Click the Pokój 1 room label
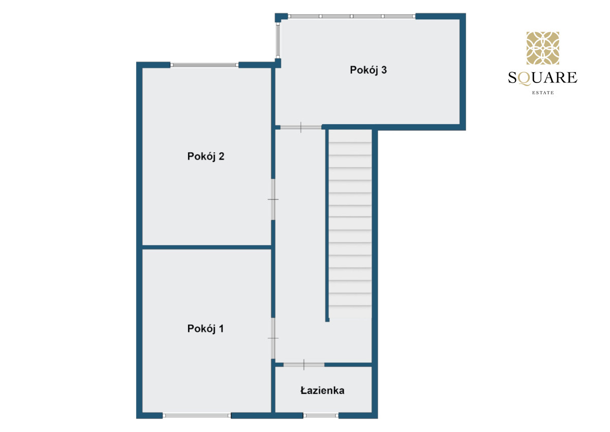(205, 329)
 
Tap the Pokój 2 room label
(206, 156)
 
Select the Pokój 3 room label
(368, 70)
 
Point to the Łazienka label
(322, 391)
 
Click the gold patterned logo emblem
(543, 48)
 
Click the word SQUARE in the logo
(543, 78)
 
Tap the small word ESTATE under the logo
(543, 93)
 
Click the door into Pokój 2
(273, 199)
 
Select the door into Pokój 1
(273, 338)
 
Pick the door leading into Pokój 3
(301, 127)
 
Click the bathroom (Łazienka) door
(304, 365)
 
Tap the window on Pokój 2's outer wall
(204, 65)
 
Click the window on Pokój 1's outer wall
(197, 416)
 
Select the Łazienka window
(321, 416)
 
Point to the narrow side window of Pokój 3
(278, 40)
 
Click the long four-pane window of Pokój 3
(352, 16)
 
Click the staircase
(350, 223)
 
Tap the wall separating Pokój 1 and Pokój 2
(207, 247)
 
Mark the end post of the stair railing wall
(327, 320)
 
